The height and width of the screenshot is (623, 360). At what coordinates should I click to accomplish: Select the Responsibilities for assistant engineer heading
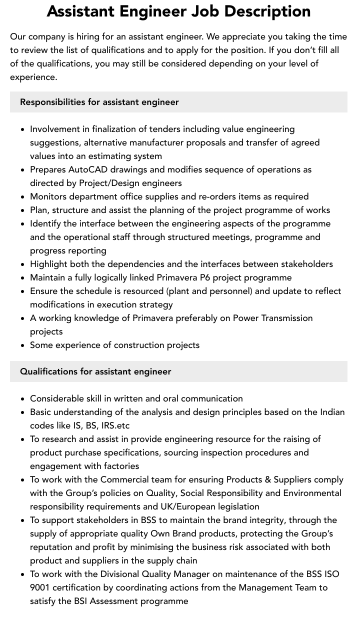(x=99, y=102)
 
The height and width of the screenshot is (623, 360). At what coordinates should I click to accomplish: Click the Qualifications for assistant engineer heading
(x=95, y=371)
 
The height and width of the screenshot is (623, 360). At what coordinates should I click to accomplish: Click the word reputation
(x=54, y=547)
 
